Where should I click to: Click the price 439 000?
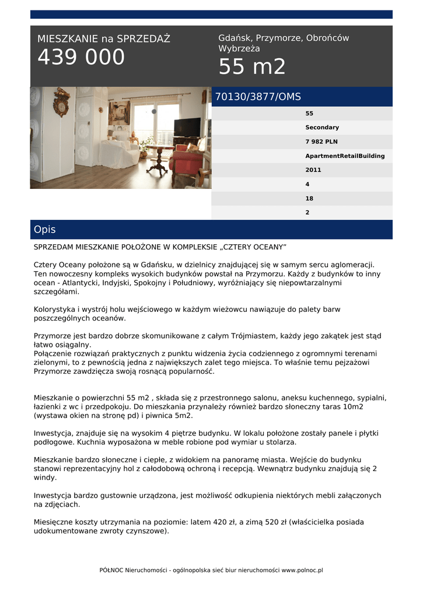point(81,58)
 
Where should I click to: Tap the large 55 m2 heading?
point(252,68)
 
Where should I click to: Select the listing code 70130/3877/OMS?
point(258,97)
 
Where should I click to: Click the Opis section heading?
point(45,230)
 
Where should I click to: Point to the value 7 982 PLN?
point(321,142)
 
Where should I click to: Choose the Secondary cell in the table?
point(322,127)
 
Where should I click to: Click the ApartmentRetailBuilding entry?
point(345,156)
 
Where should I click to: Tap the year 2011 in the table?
point(313,170)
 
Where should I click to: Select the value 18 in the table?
point(309,199)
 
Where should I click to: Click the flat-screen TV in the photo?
point(187,127)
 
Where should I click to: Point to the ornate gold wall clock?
point(61,102)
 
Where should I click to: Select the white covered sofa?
point(118,153)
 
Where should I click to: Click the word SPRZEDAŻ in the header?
point(144,39)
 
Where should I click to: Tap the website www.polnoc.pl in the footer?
point(302,570)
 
